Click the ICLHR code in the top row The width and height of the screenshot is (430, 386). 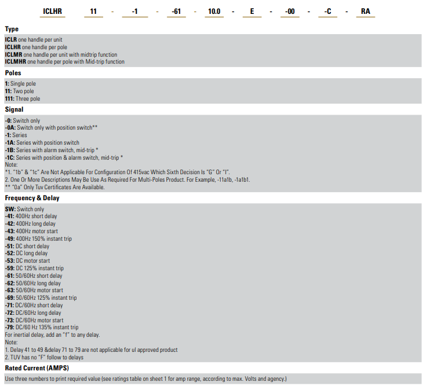(x=53, y=12)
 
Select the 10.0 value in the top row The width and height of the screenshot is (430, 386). (x=214, y=12)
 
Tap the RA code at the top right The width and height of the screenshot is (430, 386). (x=365, y=12)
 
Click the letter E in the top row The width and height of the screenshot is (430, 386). (x=252, y=12)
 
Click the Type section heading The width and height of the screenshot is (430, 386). (x=12, y=29)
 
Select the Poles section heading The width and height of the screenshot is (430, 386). (x=13, y=73)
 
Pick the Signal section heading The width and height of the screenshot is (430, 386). (x=14, y=109)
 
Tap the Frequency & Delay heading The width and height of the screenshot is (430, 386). (x=32, y=198)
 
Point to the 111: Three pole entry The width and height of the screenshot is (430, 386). (x=23, y=99)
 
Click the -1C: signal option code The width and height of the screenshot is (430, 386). (x=9, y=157)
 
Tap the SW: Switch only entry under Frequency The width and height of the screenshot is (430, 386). (x=24, y=209)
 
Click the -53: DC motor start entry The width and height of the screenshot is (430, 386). (x=27, y=261)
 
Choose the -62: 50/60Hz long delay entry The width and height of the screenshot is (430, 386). (x=33, y=284)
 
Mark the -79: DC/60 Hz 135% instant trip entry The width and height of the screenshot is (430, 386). (x=41, y=328)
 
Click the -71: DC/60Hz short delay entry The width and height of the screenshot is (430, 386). (x=34, y=306)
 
